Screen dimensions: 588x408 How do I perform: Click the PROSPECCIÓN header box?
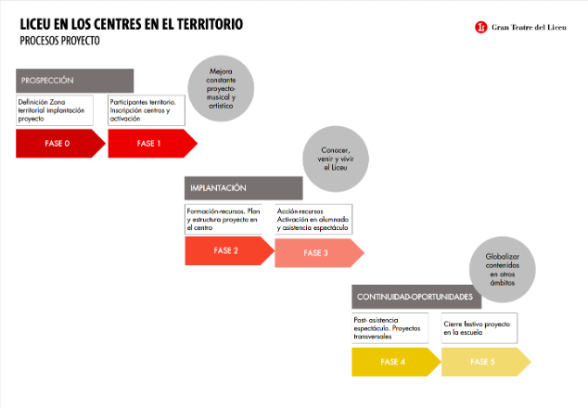pos(74,81)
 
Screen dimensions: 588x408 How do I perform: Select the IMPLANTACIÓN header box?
pos(243,188)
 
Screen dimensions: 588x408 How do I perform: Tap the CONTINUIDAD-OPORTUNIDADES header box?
pos(416,297)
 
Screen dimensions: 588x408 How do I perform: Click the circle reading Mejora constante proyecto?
pos(221,88)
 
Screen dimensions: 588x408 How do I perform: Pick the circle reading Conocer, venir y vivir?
pos(336,159)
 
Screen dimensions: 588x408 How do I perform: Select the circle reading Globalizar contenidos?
pos(503,269)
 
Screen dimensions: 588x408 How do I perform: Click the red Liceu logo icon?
pos(480,27)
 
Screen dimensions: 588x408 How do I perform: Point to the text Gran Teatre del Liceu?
pos(529,28)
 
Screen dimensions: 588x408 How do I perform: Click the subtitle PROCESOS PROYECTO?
pos(59,41)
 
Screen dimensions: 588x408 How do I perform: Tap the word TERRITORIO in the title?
pos(210,24)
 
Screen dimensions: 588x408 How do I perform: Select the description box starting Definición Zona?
pos(55,110)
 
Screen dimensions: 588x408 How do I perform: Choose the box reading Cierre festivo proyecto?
pos(479,328)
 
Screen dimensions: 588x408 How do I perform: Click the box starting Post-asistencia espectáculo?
pos(390,328)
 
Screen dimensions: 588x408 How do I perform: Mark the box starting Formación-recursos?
pos(224,220)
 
